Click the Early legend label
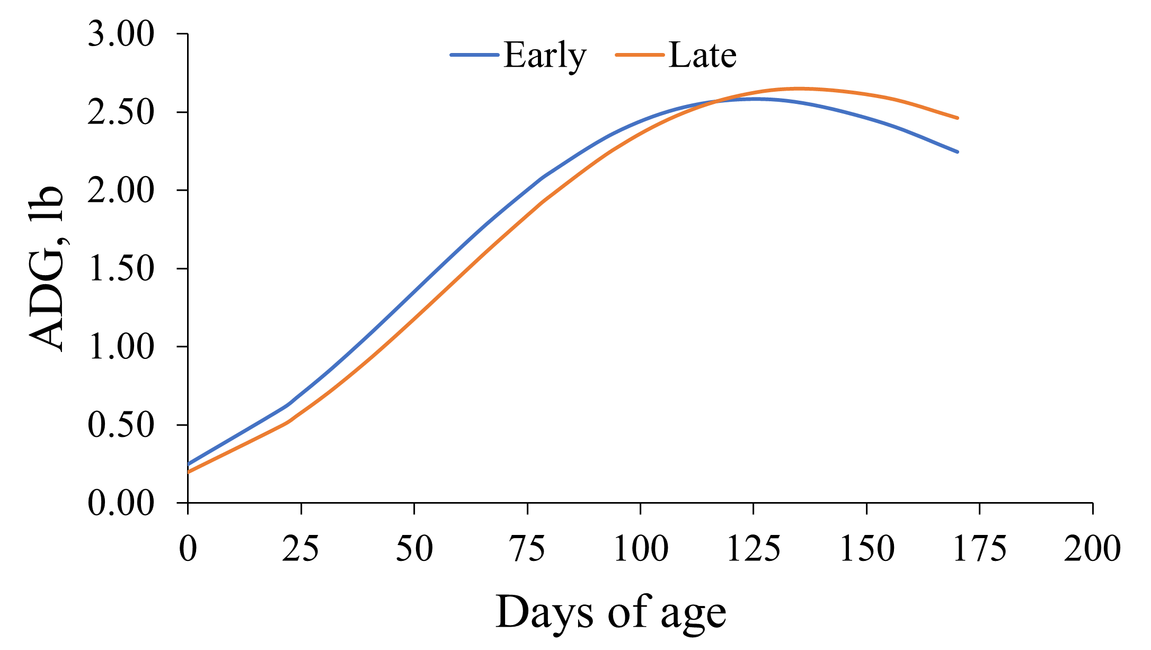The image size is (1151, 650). [545, 56]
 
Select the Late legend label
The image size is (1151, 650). [703, 56]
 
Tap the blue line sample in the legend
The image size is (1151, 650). [475, 55]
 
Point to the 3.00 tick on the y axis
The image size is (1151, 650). [121, 35]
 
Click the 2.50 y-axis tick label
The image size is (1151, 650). [121, 113]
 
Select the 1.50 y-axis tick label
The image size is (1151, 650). [121, 269]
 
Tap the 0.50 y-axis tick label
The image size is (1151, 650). [121, 425]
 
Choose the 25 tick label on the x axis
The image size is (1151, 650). [300, 549]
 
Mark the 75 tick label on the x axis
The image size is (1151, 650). [527, 549]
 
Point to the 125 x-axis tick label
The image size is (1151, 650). [753, 549]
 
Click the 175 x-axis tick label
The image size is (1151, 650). [979, 549]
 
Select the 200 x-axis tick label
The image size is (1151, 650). [1092, 549]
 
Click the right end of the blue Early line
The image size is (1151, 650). [958, 152]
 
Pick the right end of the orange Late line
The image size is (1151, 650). [958, 118]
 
